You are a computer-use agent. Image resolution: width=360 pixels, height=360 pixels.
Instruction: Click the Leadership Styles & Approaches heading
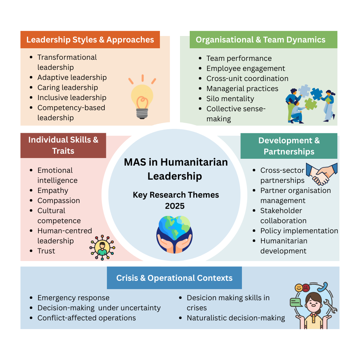click(x=90, y=40)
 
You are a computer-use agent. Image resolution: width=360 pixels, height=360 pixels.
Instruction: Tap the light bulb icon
click(x=142, y=97)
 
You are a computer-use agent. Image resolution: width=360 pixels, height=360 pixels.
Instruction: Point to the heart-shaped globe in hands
click(x=174, y=232)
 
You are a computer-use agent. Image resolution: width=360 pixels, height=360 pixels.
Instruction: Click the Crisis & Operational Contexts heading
click(x=174, y=278)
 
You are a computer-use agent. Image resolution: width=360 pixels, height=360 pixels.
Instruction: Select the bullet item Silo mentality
click(x=230, y=99)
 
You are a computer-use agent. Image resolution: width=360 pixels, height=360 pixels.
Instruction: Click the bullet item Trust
click(x=46, y=251)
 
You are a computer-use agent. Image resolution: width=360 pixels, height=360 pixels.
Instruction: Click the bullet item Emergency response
click(x=73, y=298)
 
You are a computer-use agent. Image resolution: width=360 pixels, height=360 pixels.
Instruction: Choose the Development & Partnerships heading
click(x=289, y=146)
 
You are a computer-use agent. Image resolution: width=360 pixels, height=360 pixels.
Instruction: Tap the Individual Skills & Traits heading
click(x=63, y=145)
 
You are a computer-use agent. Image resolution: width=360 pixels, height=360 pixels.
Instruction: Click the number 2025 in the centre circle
click(x=175, y=206)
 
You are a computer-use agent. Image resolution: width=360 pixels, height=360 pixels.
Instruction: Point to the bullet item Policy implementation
click(x=299, y=231)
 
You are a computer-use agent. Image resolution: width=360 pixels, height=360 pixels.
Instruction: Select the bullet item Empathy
click(x=53, y=190)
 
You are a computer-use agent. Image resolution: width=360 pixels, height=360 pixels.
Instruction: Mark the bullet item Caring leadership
click(x=67, y=87)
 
